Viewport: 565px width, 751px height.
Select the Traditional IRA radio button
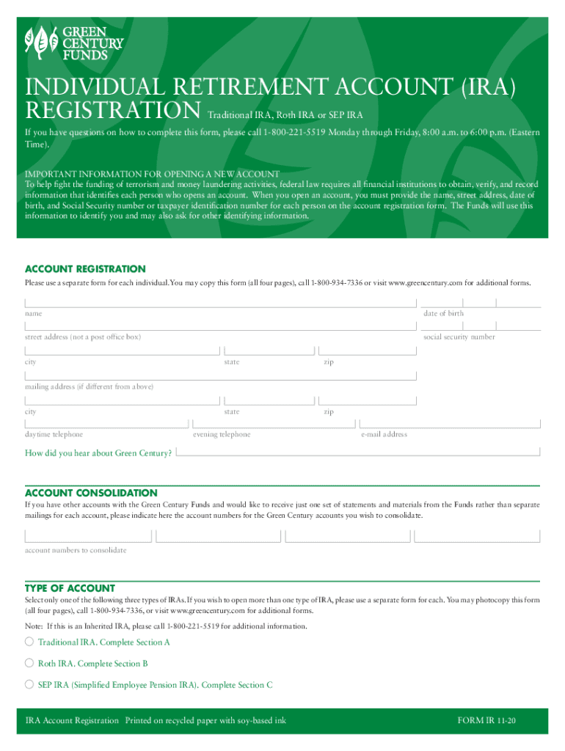(x=29, y=642)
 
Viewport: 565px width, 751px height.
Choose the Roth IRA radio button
(x=29, y=663)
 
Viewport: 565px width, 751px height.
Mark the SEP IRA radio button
(x=29, y=684)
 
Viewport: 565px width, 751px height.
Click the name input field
(x=220, y=302)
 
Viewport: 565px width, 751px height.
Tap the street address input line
(x=220, y=326)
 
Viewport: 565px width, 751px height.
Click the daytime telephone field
(x=106, y=423)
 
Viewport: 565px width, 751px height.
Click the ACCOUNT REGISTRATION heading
(x=85, y=269)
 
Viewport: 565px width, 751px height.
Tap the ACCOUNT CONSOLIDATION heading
(x=91, y=493)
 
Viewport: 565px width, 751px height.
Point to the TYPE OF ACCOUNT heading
(x=70, y=588)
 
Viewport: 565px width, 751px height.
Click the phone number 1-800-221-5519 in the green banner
(x=288, y=133)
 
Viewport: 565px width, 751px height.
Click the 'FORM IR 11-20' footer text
(x=486, y=720)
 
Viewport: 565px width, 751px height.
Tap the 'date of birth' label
(x=443, y=313)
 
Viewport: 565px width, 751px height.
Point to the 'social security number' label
(x=459, y=337)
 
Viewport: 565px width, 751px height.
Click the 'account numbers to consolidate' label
(x=76, y=550)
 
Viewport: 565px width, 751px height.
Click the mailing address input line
(x=220, y=375)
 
